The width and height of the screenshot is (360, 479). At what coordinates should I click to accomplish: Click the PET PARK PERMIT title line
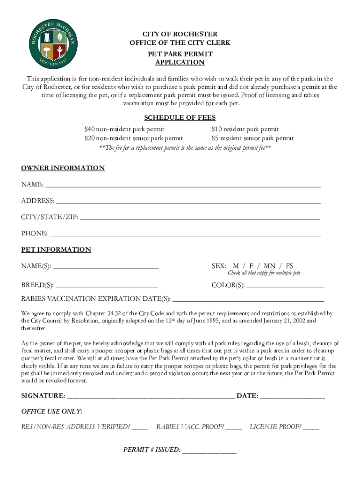coord(180,54)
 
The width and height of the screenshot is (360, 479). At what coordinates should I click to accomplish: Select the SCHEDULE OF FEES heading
coord(180,117)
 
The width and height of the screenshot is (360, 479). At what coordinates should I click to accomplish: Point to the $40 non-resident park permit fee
coord(124,129)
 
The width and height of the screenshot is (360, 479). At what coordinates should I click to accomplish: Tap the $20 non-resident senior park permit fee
coord(133,138)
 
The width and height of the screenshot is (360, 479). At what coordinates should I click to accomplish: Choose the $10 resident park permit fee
coord(245,129)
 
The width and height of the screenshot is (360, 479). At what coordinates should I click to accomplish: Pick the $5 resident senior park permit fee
coord(252,138)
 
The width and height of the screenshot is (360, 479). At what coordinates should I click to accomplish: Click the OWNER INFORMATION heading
coord(63,168)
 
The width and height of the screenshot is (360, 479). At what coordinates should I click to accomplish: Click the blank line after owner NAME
coord(183,185)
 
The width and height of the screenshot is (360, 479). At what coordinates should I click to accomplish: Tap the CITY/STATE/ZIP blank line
coord(200,218)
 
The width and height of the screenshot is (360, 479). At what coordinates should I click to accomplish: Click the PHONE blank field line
coord(185,234)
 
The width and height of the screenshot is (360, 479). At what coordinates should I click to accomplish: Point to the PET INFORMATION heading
coord(56,250)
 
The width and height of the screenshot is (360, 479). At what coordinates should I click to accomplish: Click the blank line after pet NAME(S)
coord(106,267)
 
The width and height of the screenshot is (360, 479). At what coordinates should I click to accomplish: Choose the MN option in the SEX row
coord(270,266)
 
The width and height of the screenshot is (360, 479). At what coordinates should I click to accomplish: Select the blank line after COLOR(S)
coord(285,286)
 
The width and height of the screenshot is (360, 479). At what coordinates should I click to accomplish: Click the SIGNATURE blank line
coord(151,397)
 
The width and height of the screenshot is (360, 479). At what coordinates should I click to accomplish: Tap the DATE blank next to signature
coord(292,397)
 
